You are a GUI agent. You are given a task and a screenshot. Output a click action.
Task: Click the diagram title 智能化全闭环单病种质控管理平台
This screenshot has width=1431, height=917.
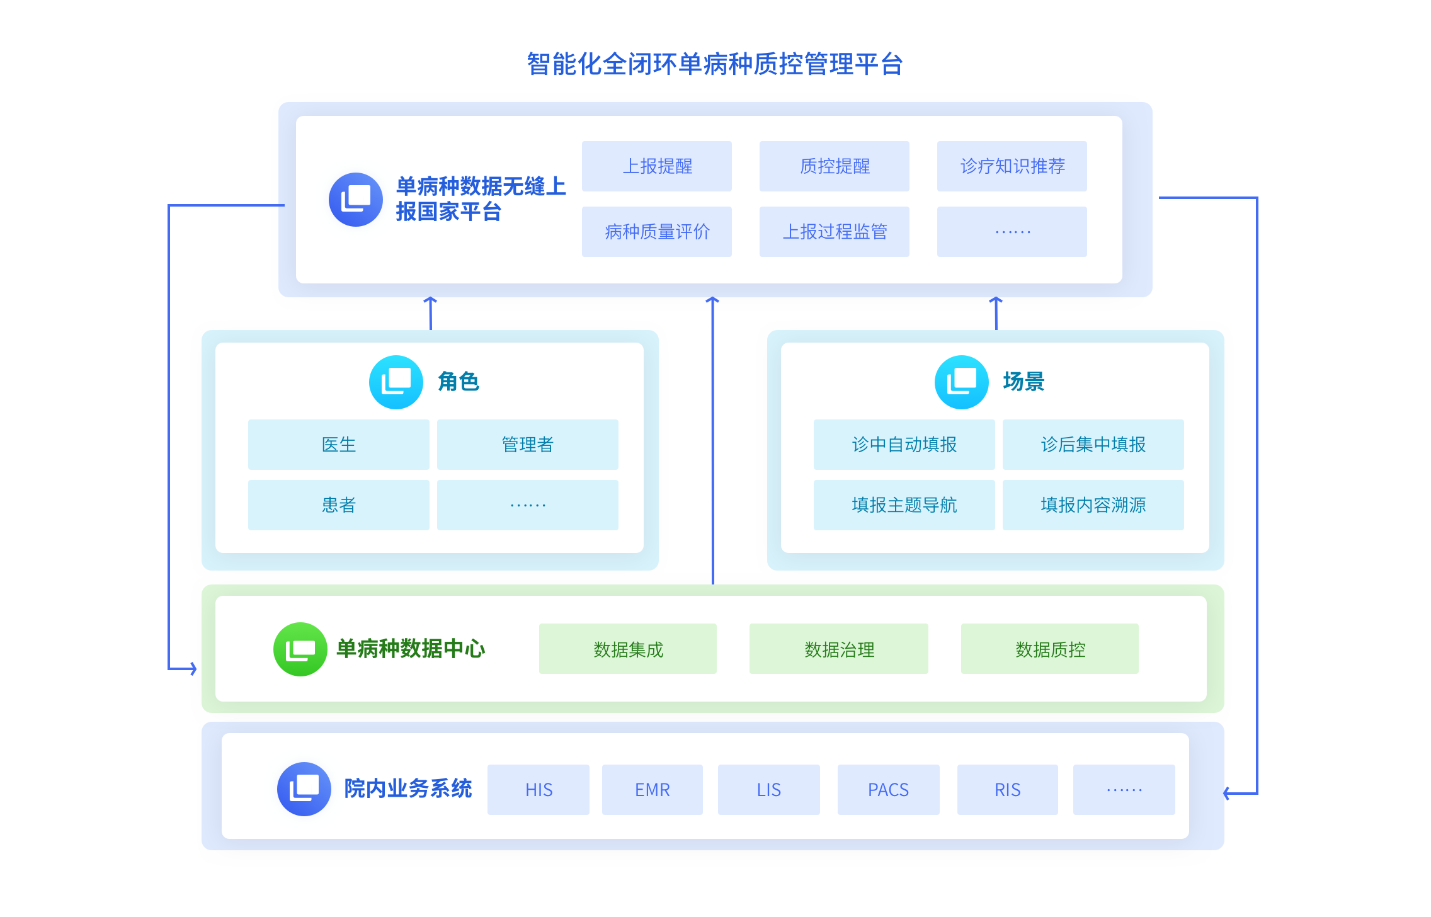(x=715, y=64)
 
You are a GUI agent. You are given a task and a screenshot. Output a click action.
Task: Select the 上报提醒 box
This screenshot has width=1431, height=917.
(x=656, y=166)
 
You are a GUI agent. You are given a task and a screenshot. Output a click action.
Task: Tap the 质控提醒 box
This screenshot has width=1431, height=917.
(x=834, y=166)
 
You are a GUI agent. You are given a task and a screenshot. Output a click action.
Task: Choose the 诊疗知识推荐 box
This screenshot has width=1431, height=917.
(x=1012, y=166)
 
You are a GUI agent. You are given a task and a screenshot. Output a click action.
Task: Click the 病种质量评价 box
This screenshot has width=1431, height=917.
(x=656, y=232)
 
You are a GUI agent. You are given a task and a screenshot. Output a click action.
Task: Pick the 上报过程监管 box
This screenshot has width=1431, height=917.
(x=834, y=232)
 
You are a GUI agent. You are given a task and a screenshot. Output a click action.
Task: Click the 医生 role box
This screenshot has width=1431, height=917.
(x=338, y=445)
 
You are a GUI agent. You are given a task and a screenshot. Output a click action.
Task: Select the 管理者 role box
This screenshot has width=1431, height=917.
(x=527, y=445)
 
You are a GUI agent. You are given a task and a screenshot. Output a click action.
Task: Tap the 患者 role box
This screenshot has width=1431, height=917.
(x=338, y=505)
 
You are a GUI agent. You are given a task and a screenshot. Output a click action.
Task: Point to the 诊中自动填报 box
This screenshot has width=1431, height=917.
(x=904, y=445)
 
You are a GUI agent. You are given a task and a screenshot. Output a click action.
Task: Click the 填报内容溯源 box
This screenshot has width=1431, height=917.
(x=1093, y=505)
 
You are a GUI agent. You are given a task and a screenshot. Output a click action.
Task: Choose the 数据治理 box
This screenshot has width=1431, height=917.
(x=838, y=649)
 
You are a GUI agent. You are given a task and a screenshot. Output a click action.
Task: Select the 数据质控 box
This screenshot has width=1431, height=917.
(x=1049, y=649)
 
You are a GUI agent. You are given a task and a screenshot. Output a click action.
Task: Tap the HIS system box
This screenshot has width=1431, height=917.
(x=539, y=790)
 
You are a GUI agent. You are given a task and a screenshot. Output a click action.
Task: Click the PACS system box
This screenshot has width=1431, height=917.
(x=888, y=790)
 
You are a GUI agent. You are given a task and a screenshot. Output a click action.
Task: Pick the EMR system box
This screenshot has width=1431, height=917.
(x=652, y=790)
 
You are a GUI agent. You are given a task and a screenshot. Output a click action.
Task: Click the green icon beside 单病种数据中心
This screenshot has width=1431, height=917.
(x=300, y=649)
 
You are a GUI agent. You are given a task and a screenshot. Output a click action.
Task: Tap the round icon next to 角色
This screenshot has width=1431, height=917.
(x=396, y=382)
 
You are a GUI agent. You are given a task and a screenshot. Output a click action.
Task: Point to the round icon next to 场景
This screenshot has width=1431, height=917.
(x=962, y=382)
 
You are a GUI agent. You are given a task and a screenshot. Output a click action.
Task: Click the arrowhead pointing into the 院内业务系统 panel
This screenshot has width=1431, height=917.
(x=1227, y=794)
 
